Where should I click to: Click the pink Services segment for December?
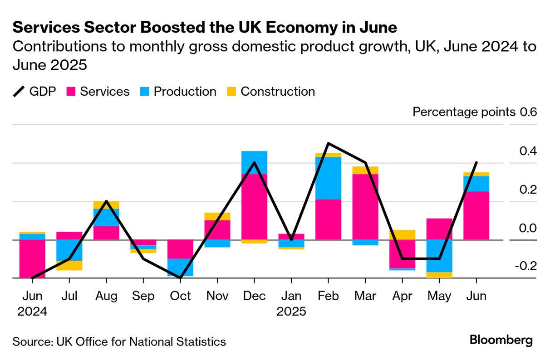(x=254, y=206)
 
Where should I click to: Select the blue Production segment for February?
(x=328, y=178)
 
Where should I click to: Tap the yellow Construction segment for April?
(x=402, y=234)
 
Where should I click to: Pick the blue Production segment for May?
(x=439, y=255)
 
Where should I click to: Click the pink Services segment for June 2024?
(x=32, y=258)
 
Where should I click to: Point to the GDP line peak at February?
(x=328, y=144)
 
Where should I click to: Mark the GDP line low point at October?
(x=180, y=277)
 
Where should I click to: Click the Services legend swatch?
(x=71, y=92)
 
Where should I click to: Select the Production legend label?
(x=185, y=92)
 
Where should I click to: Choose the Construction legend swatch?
(x=231, y=92)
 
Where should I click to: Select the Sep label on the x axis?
(x=143, y=296)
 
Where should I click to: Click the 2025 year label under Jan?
(x=291, y=312)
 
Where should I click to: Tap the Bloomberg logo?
(x=501, y=340)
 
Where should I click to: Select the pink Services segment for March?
(x=365, y=206)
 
